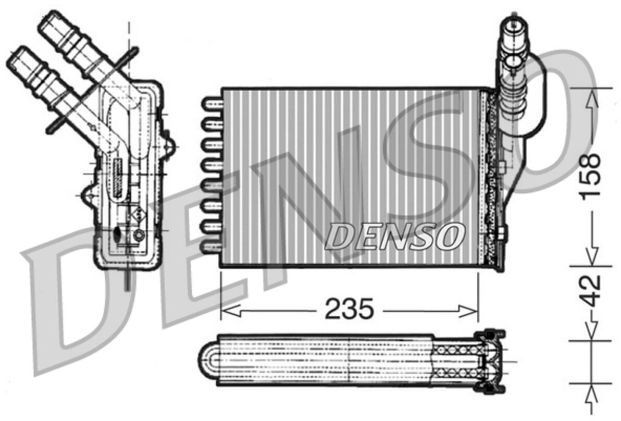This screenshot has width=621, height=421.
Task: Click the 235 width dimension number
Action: [349, 308]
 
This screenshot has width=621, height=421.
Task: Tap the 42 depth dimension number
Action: [591, 291]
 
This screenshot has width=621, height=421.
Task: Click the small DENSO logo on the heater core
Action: [394, 237]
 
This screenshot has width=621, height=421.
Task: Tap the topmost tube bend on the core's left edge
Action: [212, 104]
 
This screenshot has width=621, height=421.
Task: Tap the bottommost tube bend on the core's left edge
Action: [212, 249]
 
